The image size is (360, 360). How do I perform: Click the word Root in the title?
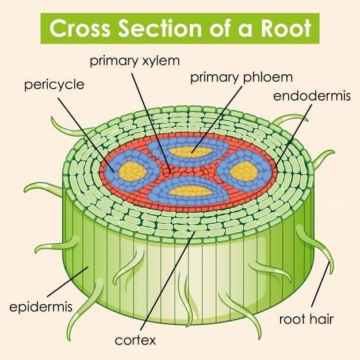pos(286,29)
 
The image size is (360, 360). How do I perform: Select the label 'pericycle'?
pos(55,85)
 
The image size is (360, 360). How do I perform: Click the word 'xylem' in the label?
pos(161,62)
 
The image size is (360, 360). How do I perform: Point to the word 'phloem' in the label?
pos(268,78)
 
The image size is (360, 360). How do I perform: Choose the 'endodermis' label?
pos(312,95)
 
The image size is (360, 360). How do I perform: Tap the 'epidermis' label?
pos(41,307)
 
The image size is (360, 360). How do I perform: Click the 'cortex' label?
pos(135,340)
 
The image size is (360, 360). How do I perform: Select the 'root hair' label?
pos(306,319)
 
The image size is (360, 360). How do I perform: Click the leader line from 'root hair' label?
pos(320,284)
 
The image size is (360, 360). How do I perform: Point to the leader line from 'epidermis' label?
pos(67,281)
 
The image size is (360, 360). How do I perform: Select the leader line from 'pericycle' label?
pos(86,135)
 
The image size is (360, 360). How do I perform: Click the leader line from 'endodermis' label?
pos(293,136)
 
